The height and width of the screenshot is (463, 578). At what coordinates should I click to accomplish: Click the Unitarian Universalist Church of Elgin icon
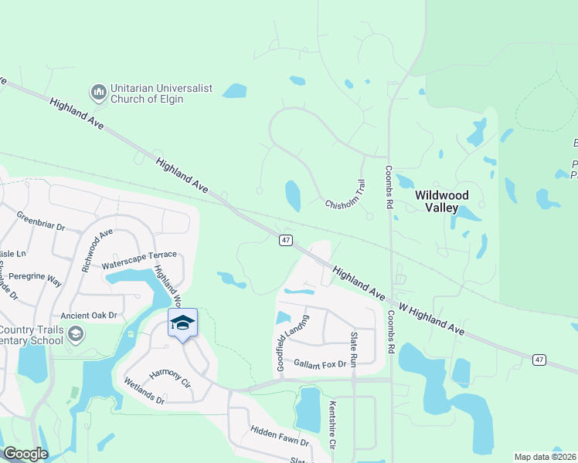(x=98, y=93)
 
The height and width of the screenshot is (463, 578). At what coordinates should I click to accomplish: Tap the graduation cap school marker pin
(x=182, y=323)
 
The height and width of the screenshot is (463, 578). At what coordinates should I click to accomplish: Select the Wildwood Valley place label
(x=447, y=201)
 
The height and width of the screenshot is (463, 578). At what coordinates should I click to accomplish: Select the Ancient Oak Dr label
(x=89, y=315)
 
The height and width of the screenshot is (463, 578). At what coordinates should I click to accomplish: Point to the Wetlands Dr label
(x=144, y=390)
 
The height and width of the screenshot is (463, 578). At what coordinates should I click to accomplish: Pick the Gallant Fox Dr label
(x=321, y=363)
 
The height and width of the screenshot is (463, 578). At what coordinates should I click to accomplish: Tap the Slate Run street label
(x=353, y=349)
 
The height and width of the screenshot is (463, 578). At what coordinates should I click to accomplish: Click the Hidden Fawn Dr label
(x=279, y=438)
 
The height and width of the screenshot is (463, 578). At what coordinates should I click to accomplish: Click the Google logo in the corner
(x=25, y=454)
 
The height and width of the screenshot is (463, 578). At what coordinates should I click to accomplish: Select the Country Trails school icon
(x=75, y=333)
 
